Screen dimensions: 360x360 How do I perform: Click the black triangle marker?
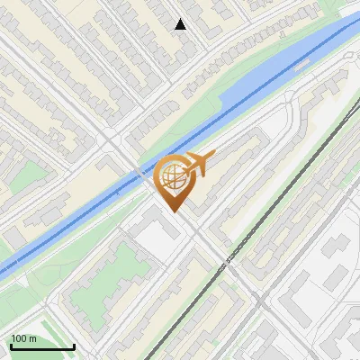181,24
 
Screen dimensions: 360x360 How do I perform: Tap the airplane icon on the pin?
199,164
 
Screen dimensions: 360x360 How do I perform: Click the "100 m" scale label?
24,338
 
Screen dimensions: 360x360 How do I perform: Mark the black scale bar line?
42,346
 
